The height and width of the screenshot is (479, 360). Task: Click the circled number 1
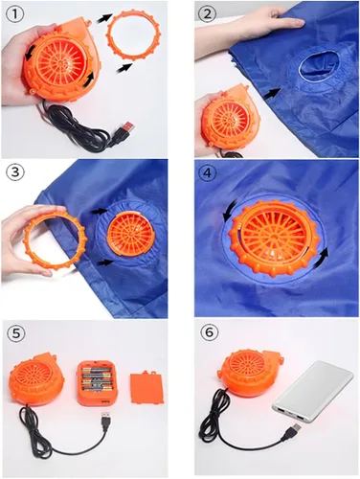pos(13,13)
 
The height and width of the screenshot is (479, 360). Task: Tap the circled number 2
pos(208,13)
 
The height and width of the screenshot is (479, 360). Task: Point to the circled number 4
pos(208,173)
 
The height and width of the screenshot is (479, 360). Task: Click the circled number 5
pos(16,333)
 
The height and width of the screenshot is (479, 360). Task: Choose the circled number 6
pos(209,332)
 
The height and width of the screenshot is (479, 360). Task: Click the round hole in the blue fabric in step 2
pos(319,65)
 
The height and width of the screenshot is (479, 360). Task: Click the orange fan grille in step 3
pos(131,231)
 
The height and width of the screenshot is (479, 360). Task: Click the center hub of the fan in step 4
pos(274,236)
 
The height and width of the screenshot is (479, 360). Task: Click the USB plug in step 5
pos(106,419)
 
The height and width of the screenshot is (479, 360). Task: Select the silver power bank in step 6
pos(313,391)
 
